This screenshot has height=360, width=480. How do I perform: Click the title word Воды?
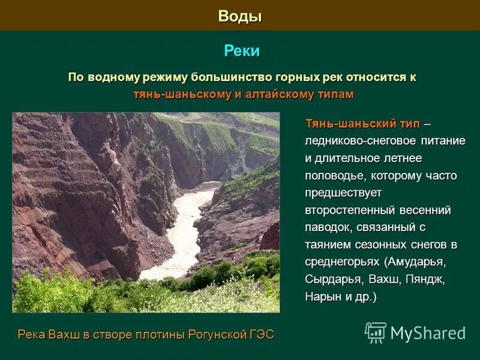240,16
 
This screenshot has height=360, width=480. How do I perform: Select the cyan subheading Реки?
242,51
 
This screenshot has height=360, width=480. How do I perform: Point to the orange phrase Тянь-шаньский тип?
362,124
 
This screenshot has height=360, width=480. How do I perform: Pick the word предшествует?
343,193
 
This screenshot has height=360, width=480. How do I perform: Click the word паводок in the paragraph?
328,228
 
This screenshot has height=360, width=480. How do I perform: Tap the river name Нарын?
324,297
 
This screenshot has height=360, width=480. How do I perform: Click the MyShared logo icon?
376,332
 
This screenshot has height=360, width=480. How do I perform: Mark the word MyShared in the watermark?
428,333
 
